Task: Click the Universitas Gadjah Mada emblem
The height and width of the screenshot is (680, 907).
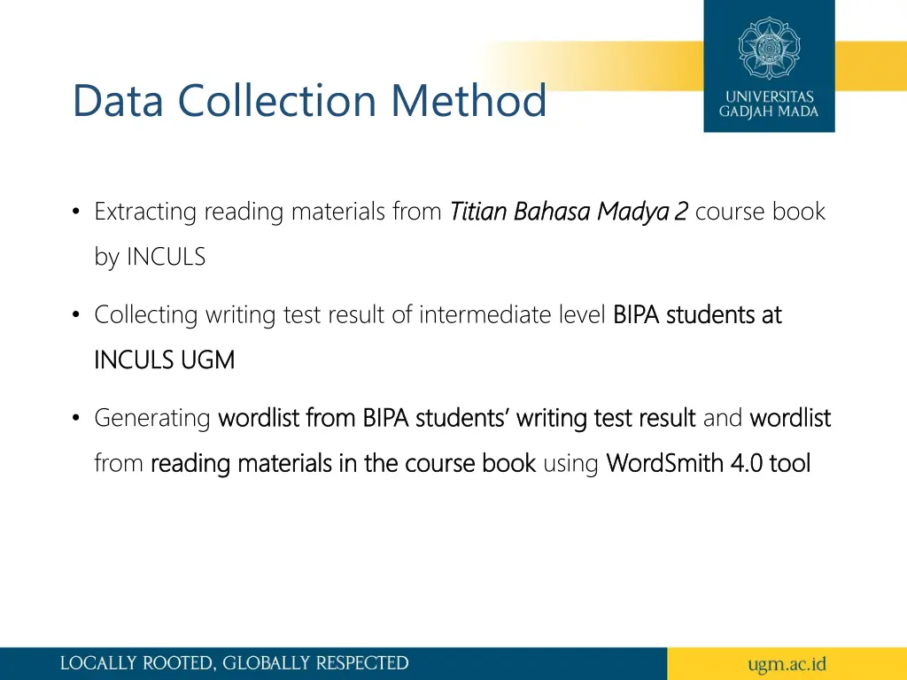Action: (769, 47)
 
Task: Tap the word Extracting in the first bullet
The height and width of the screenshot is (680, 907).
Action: (144, 212)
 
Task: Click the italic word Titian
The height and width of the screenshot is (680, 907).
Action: (478, 212)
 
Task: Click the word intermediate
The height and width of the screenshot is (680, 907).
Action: (476, 314)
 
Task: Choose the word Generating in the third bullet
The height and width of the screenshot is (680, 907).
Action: (152, 417)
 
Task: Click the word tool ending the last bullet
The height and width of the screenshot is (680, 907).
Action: (790, 462)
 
